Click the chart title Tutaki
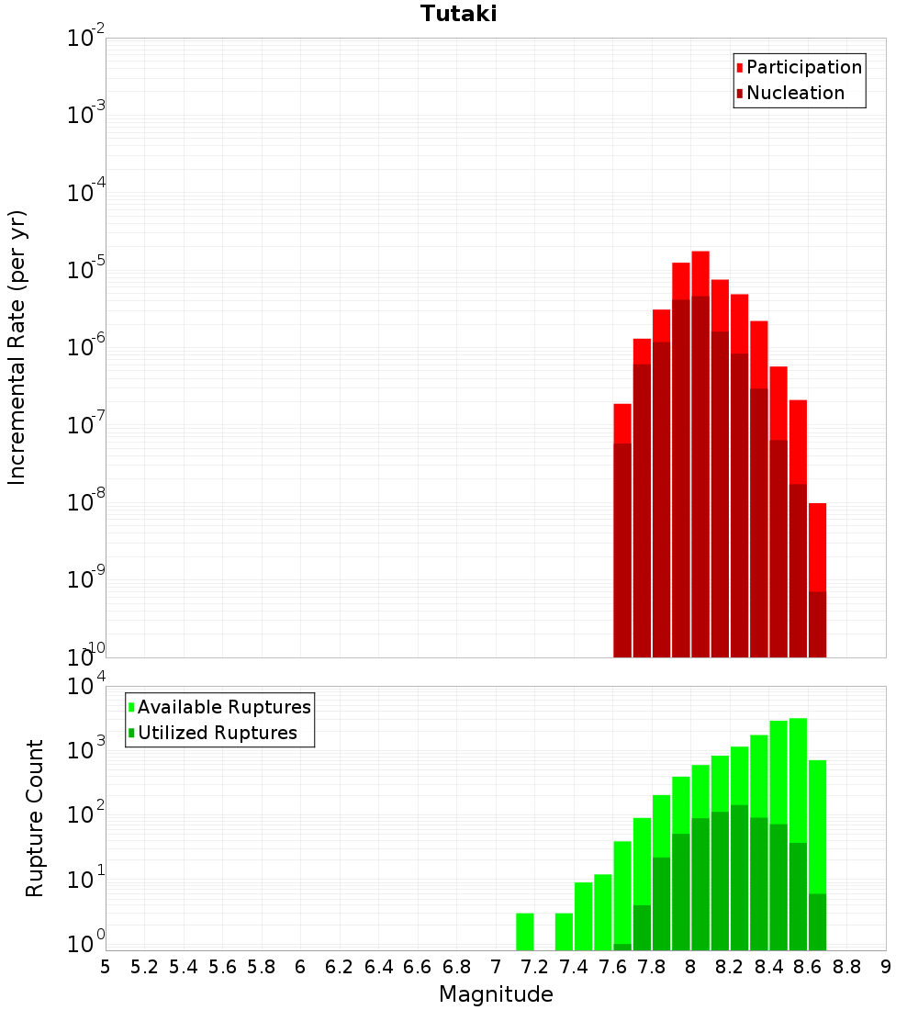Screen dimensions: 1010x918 pyautogui.click(x=458, y=14)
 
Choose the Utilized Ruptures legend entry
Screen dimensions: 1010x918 pyautogui.click(x=217, y=733)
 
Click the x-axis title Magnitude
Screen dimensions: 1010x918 pyautogui.click(x=496, y=994)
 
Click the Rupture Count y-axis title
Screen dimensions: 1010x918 pyautogui.click(x=35, y=817)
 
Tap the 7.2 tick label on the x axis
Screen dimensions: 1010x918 pyautogui.click(x=534, y=967)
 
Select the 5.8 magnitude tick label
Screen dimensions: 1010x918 pyautogui.click(x=262, y=967)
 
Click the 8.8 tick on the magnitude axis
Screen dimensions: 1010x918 pyautogui.click(x=846, y=967)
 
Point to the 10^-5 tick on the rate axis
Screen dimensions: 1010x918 pyautogui.click(x=86, y=270)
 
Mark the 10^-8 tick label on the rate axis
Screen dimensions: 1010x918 pyautogui.click(x=86, y=502)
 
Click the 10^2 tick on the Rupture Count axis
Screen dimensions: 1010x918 pyautogui.click(x=86, y=816)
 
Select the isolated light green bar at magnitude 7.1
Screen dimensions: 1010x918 pyautogui.click(x=524, y=931)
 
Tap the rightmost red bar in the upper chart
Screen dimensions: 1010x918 pyautogui.click(x=817, y=546)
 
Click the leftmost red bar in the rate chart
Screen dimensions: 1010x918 pyautogui.click(x=622, y=422)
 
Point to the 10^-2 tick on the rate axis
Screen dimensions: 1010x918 pyautogui.click(x=86, y=39)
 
